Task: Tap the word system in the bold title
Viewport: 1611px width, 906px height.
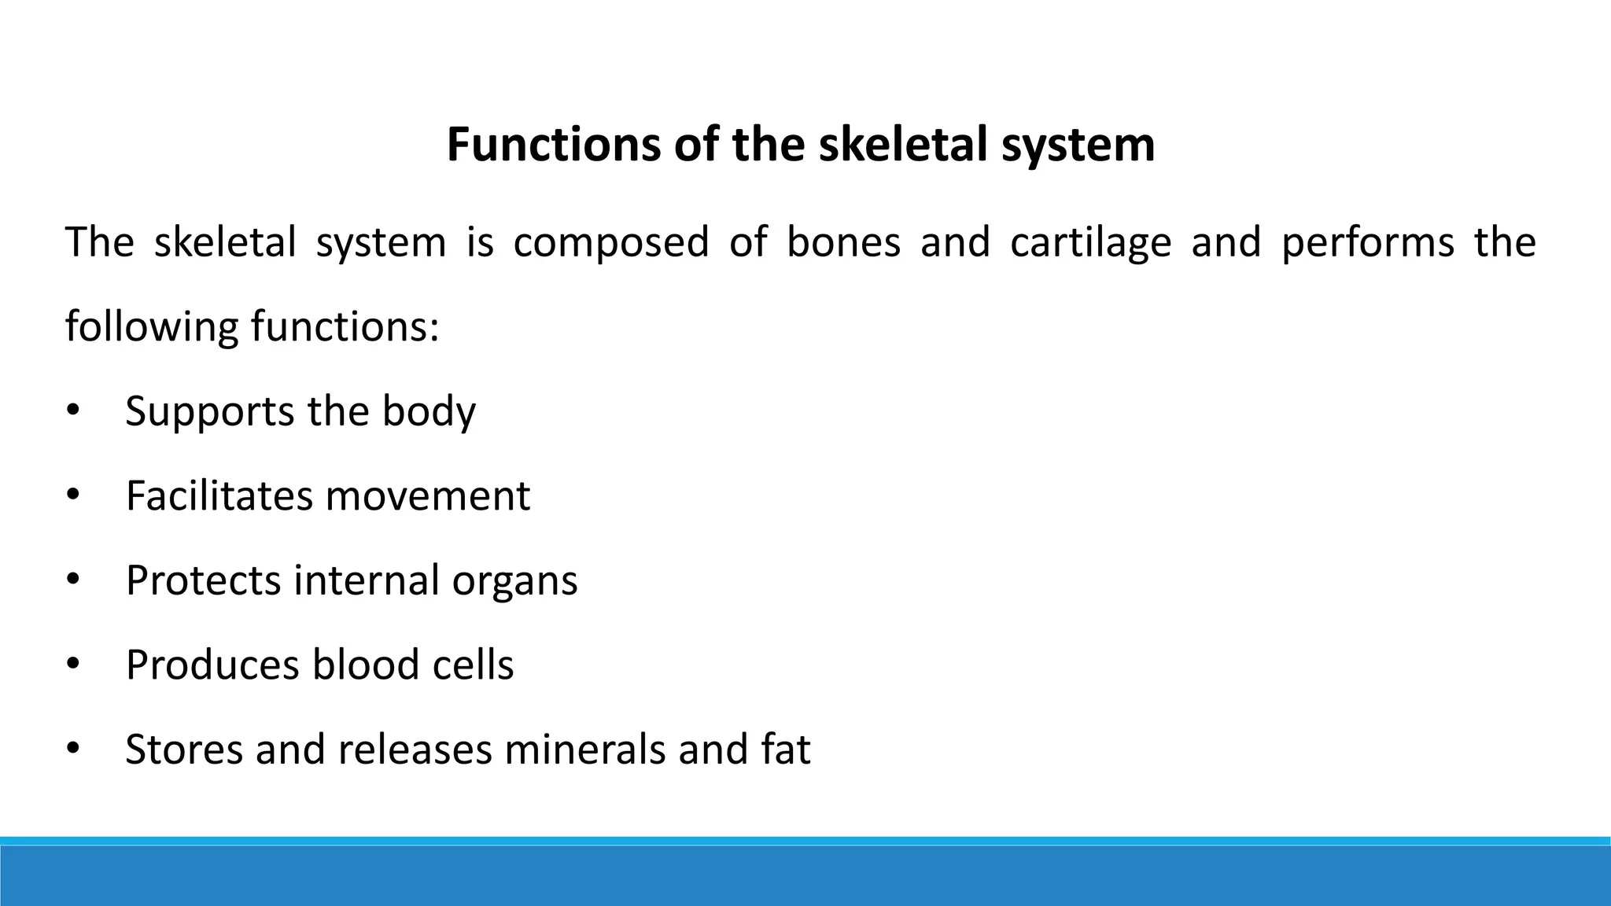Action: coord(1078,146)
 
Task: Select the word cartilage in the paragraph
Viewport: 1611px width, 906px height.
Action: coord(1090,242)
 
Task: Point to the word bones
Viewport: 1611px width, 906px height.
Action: coord(843,242)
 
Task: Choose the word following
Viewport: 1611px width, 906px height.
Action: coord(151,327)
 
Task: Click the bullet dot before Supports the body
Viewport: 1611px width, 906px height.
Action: coord(73,411)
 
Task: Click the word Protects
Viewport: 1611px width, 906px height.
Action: coord(203,580)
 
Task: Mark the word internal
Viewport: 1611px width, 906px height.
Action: coord(366,580)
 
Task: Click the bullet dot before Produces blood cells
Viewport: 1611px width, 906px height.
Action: coord(73,665)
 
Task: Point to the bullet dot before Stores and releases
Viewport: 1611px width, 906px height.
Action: coord(73,749)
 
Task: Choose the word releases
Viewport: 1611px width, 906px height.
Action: coord(414,749)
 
